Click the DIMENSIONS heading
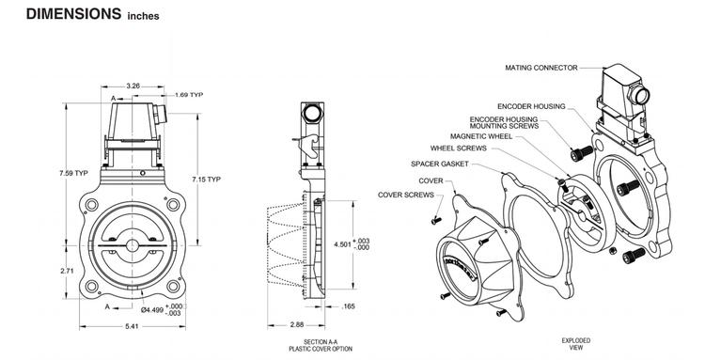coord(61,15)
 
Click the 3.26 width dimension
coord(133,86)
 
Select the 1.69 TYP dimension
coord(192,95)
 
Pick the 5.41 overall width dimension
coord(133,327)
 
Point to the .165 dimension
coord(346,306)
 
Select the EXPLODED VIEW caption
coord(574,344)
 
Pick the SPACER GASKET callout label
coord(440,164)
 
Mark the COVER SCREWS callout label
coord(406,195)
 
